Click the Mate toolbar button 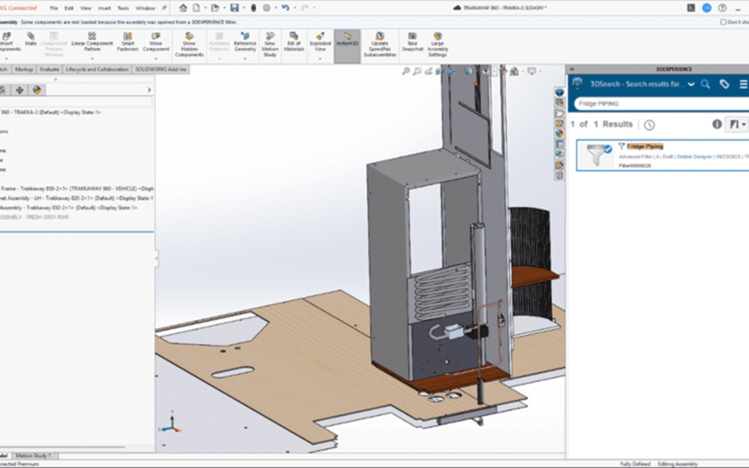click(x=31, y=40)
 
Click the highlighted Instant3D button click(x=347, y=40)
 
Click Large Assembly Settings click(x=438, y=42)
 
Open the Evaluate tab click(x=49, y=69)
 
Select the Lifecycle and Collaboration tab click(x=97, y=69)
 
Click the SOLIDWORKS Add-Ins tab click(x=160, y=69)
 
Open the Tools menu click(x=123, y=8)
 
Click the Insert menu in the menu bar click(x=104, y=8)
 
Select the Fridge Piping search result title click(x=645, y=146)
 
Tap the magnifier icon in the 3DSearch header click(x=705, y=84)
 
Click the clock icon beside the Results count click(x=649, y=125)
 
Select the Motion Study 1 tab click(x=35, y=456)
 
